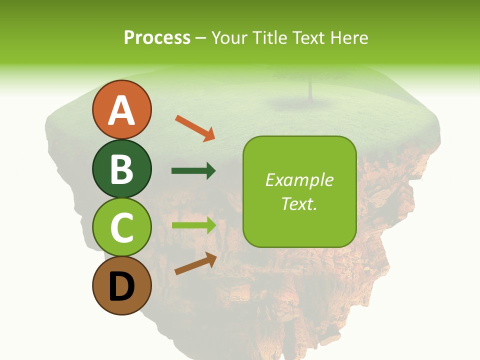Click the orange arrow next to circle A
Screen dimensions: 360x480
(x=194, y=128)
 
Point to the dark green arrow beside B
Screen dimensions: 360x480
(x=193, y=171)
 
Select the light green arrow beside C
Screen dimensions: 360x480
(x=193, y=225)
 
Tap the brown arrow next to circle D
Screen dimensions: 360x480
(x=195, y=263)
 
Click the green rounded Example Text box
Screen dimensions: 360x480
(x=299, y=191)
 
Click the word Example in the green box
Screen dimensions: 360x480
(x=299, y=180)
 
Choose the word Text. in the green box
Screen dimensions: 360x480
(x=299, y=203)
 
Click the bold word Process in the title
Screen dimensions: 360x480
(x=157, y=37)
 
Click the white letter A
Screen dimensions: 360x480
(x=121, y=110)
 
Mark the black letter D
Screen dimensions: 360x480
(x=121, y=287)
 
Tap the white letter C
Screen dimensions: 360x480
(x=121, y=228)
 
